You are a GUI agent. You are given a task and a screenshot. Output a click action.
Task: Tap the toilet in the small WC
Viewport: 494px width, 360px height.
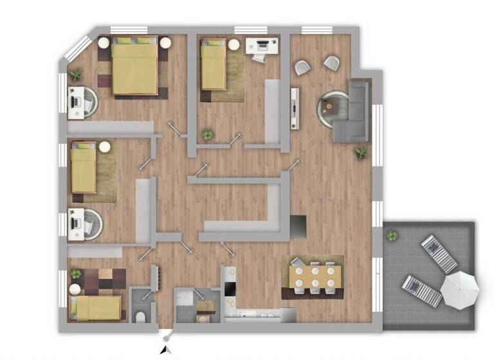pos(141,316)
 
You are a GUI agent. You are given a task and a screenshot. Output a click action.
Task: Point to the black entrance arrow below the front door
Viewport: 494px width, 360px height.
pos(166,349)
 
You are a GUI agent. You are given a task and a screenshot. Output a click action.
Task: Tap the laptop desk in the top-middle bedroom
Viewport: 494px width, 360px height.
pos(262,46)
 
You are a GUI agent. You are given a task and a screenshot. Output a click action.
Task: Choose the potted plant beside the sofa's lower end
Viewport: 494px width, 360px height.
pos(361,153)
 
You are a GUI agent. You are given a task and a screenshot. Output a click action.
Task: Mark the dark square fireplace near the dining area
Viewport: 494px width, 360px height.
pos(298,226)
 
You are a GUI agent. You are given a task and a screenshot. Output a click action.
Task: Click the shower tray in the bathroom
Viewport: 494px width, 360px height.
pos(187,298)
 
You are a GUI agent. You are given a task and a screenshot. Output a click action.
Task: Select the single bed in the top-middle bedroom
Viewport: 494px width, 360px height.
pos(214,65)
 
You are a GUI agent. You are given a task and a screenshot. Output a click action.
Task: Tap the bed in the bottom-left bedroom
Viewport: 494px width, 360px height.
pos(96,308)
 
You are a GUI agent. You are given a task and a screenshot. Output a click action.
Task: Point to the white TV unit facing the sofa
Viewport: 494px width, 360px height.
pos(295,108)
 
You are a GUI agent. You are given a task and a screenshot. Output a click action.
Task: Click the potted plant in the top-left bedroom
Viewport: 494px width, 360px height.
pos(76,75)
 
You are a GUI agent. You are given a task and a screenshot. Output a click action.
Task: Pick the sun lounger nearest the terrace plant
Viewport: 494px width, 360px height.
pos(439,253)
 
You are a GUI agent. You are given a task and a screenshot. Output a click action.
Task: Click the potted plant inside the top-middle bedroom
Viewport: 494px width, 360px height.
pos(207,135)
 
